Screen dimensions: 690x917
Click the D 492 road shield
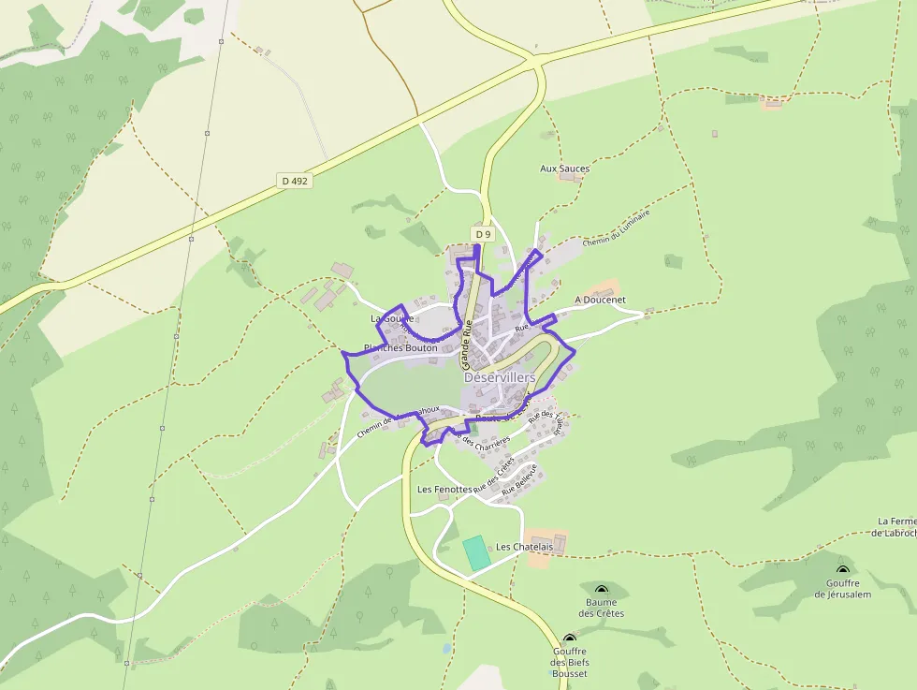point(294,180)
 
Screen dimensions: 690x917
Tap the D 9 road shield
point(483,234)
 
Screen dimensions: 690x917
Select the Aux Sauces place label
point(565,169)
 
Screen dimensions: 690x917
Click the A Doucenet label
point(600,300)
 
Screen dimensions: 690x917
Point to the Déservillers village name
point(500,376)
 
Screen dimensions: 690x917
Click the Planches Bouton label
point(400,347)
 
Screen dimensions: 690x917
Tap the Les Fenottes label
point(444,489)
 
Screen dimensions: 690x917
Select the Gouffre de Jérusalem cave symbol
point(842,569)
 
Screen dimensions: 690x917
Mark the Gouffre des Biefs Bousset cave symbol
point(569,639)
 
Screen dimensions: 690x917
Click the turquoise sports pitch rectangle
point(476,552)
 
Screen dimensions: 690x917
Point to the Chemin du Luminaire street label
point(615,228)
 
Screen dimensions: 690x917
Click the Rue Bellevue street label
point(520,478)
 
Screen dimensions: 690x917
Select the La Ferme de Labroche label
point(896,527)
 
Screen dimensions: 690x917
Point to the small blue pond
point(447,647)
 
